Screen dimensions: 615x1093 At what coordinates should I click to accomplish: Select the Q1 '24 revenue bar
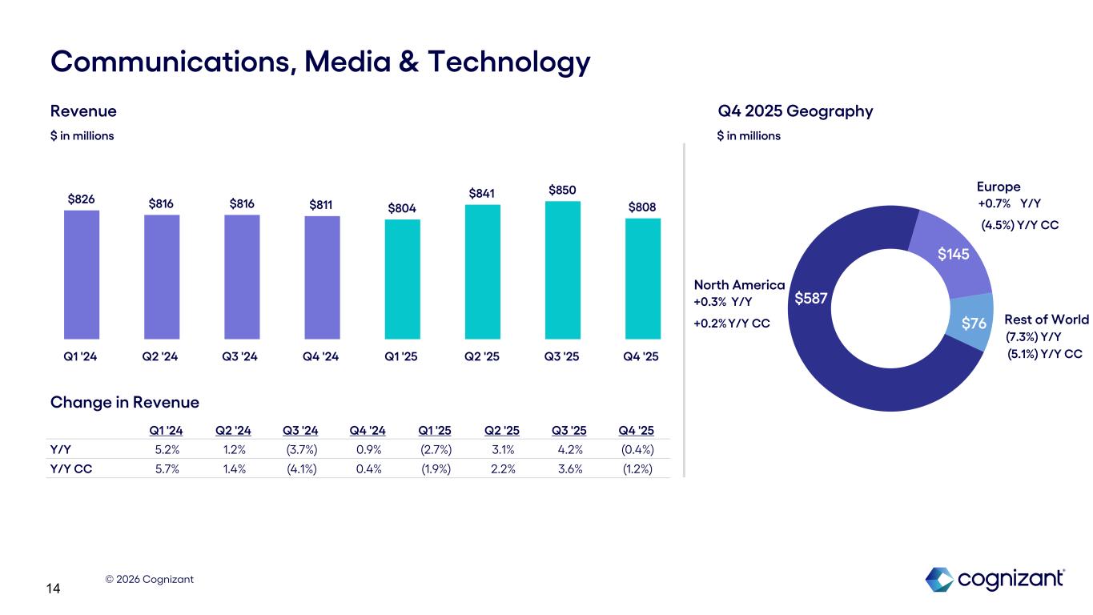(x=82, y=274)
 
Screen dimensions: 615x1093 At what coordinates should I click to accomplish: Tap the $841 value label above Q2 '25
(x=482, y=193)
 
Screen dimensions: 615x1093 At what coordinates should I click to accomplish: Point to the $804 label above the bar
(x=402, y=208)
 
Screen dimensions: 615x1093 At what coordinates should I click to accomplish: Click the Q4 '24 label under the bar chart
(x=322, y=356)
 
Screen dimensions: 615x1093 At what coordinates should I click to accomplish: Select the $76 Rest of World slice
(x=973, y=323)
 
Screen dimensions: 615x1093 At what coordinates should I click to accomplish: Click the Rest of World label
(x=1046, y=320)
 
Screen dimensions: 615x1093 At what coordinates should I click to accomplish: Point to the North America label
(x=738, y=285)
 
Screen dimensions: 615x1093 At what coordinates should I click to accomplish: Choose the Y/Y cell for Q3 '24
(x=300, y=448)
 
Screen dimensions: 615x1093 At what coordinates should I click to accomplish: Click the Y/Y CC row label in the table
(x=70, y=468)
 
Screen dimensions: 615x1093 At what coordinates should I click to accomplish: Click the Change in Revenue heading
(x=124, y=402)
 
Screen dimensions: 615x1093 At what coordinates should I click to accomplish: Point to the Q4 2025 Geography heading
(x=795, y=111)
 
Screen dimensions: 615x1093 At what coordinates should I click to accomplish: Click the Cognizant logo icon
(x=939, y=579)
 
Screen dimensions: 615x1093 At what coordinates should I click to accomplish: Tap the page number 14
(x=54, y=589)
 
